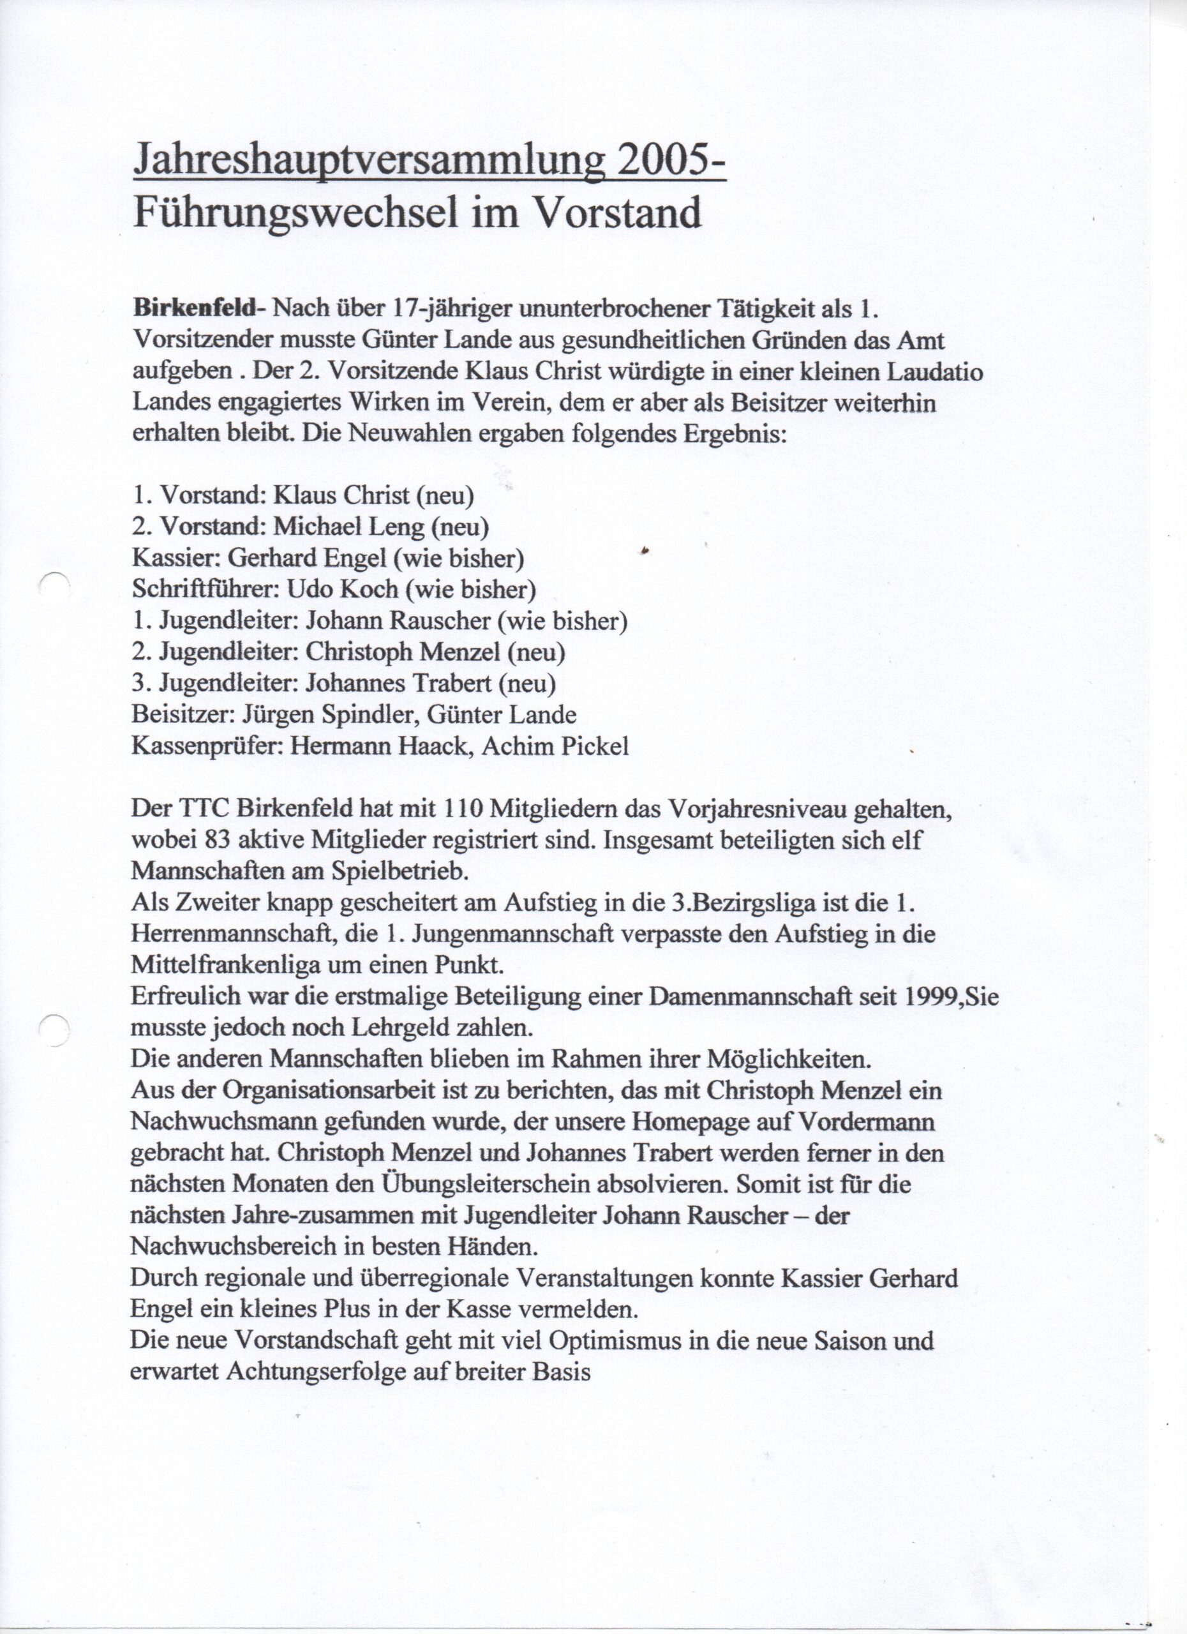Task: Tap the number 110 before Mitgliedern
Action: pyautogui.click(x=459, y=810)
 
